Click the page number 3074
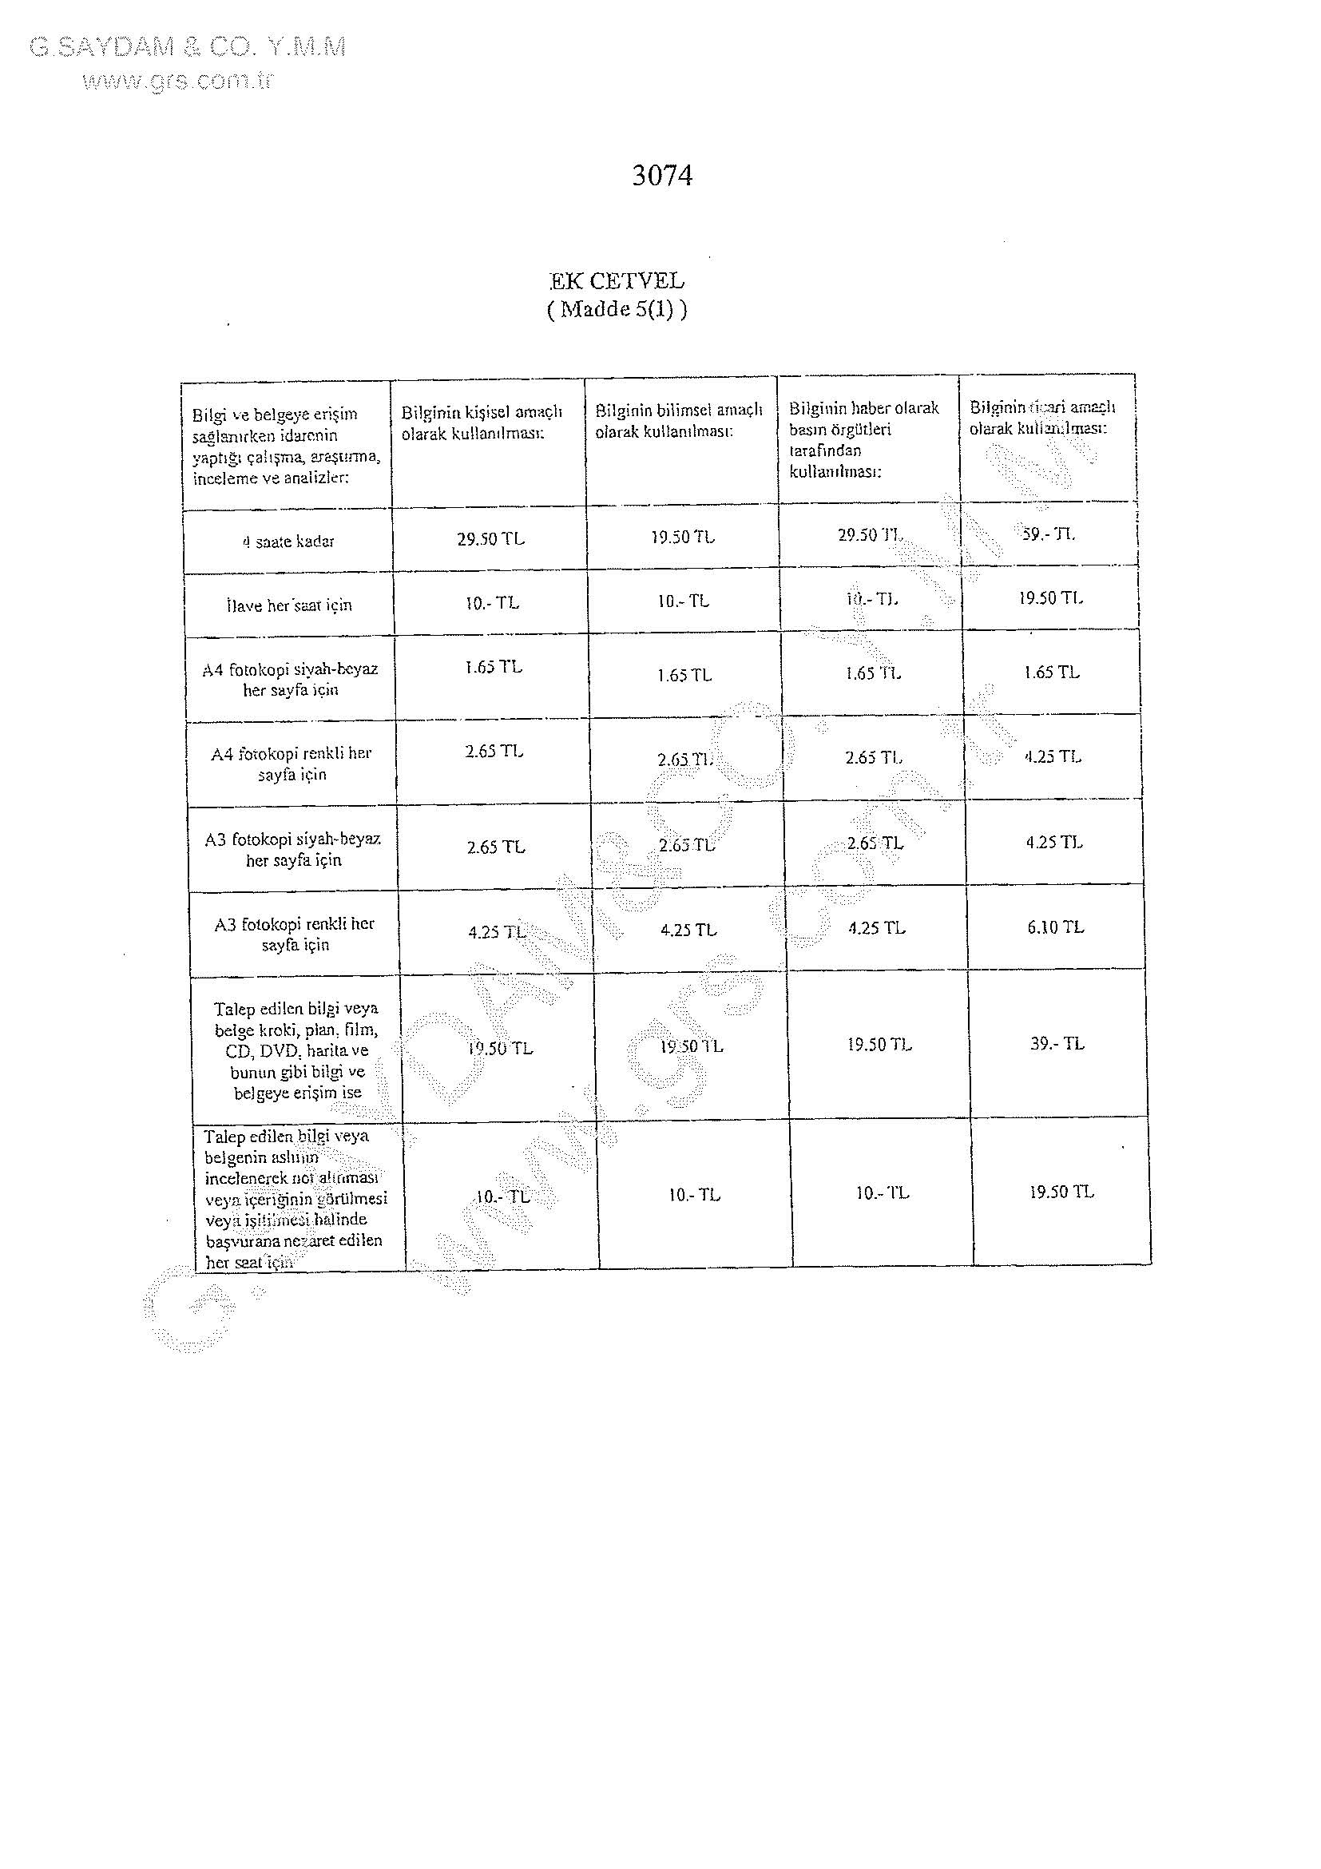662,176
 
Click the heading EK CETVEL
616,282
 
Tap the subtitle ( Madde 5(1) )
616,309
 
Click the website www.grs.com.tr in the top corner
177,80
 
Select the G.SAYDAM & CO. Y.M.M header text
187,47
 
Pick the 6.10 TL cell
1055,927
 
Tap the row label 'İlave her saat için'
289,605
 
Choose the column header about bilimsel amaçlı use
678,421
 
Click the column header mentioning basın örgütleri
863,439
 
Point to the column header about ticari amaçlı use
1041,418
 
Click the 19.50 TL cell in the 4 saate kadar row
682,538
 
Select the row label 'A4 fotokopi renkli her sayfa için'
292,764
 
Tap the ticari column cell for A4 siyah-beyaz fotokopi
1051,673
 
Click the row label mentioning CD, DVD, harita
296,1050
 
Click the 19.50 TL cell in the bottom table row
1061,1192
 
